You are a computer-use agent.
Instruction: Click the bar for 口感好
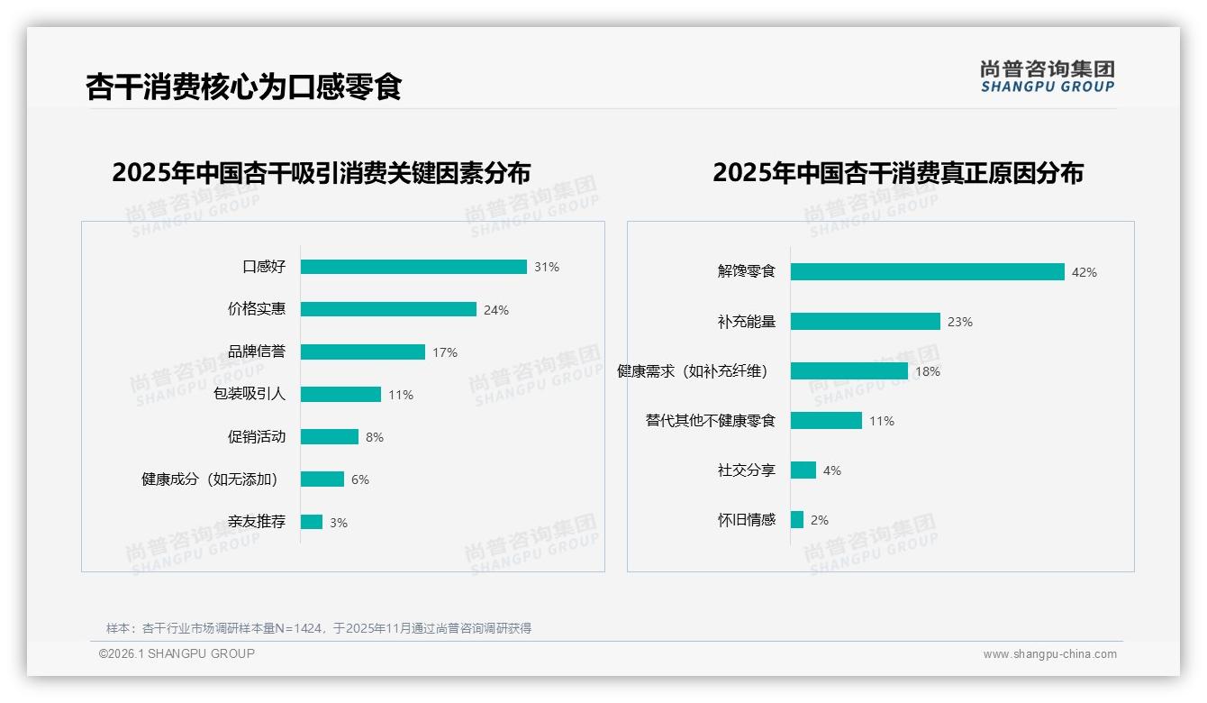pyautogui.click(x=413, y=267)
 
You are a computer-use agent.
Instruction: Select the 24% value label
pyautogui.click(x=495, y=310)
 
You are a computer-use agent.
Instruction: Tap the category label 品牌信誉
pyautogui.click(x=256, y=351)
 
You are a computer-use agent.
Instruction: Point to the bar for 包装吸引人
pyautogui.click(x=340, y=394)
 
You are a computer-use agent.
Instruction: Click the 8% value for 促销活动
pyautogui.click(x=374, y=437)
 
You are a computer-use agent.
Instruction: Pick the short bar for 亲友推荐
pyautogui.click(x=312, y=522)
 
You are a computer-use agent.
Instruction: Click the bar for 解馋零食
pyautogui.click(x=927, y=271)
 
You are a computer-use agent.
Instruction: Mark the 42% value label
pyautogui.click(x=1084, y=272)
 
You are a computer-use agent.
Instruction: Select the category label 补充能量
pyautogui.click(x=746, y=322)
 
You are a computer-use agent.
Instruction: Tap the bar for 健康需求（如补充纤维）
pyautogui.click(x=849, y=370)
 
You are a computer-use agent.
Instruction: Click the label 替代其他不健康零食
pyautogui.click(x=710, y=421)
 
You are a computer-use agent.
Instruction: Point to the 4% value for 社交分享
pyautogui.click(x=831, y=470)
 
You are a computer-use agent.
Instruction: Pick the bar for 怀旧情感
pyautogui.click(x=797, y=519)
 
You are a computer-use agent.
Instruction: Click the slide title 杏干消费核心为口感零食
pyautogui.click(x=243, y=87)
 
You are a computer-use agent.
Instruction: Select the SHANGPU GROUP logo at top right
pyautogui.click(x=1047, y=77)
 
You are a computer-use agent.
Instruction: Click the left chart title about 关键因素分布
pyautogui.click(x=321, y=172)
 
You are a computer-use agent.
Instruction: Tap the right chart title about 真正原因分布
pyautogui.click(x=897, y=172)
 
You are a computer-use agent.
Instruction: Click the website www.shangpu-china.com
pyautogui.click(x=1049, y=654)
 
